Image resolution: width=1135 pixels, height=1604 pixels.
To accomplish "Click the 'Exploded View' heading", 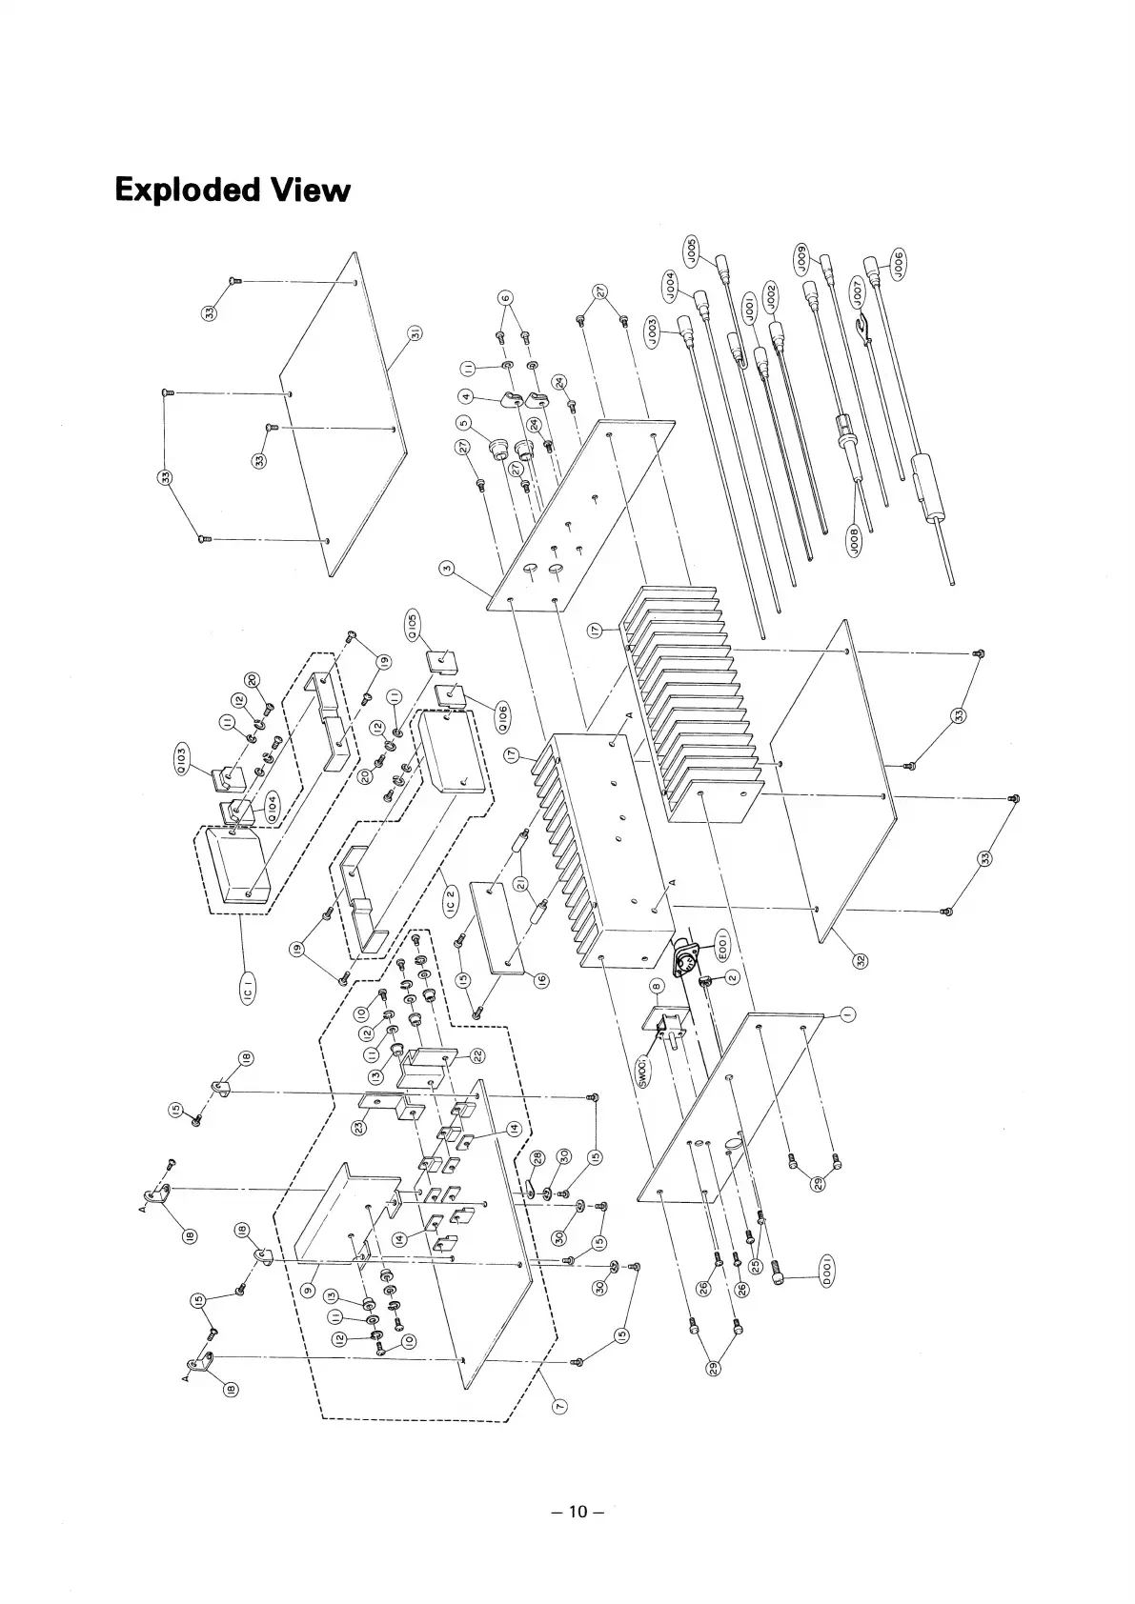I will (232, 190).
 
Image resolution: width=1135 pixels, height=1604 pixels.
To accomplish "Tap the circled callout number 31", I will (416, 333).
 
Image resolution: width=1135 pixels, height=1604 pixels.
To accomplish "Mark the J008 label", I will (854, 541).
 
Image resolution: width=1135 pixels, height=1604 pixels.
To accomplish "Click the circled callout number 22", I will (477, 1055).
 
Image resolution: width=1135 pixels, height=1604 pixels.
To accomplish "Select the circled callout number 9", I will (307, 1290).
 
